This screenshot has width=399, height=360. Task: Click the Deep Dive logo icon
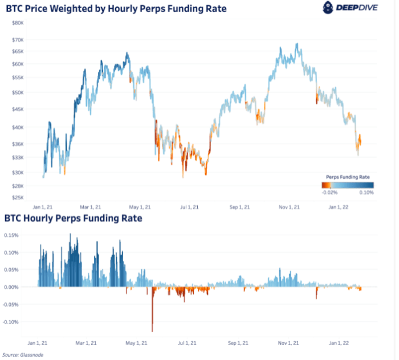tap(328, 7)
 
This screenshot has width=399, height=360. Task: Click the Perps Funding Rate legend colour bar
tap(347, 185)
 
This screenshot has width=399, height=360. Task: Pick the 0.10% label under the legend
tap(367, 193)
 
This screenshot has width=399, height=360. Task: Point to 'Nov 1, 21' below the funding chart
tap(290, 343)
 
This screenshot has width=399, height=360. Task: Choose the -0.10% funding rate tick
tap(13, 322)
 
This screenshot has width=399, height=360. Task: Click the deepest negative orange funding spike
tap(152, 329)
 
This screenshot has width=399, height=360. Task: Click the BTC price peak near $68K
tap(296, 44)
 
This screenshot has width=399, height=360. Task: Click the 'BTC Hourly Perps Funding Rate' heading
tap(74, 218)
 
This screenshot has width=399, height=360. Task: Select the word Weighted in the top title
tap(76, 8)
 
